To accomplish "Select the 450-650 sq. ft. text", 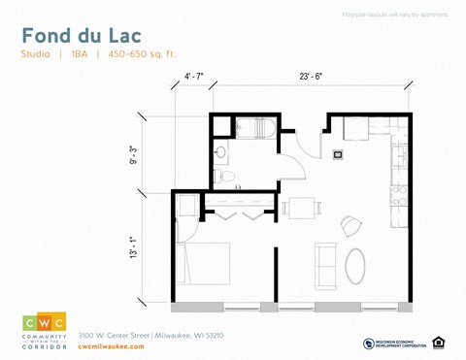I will point(144,54).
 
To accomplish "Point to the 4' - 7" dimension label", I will point(194,76).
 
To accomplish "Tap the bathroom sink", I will point(221,152).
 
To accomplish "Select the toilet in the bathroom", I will point(222,177).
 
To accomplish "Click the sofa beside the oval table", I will point(323,262).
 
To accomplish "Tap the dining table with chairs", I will point(301,207).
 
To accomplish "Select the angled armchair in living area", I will point(349,225).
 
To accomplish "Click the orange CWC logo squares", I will point(44,323).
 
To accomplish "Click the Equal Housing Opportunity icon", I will point(439,343).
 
